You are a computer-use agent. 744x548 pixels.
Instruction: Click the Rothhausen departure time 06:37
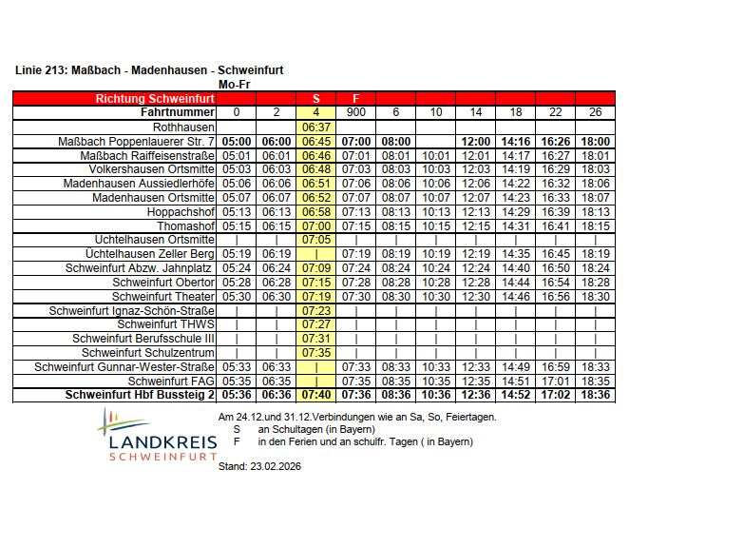click(x=315, y=127)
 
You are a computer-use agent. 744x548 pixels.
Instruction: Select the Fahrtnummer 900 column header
click(x=355, y=112)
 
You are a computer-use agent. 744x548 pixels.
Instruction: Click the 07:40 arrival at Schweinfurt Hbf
click(x=315, y=395)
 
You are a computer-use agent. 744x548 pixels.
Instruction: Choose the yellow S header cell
click(x=315, y=98)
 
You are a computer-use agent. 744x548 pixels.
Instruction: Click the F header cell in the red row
click(x=355, y=98)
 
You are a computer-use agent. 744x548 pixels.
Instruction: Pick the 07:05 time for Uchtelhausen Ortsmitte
click(x=315, y=240)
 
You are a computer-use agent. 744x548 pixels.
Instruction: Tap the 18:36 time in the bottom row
click(x=595, y=395)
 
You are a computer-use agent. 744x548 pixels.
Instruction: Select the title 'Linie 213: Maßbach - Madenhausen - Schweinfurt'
click(x=149, y=70)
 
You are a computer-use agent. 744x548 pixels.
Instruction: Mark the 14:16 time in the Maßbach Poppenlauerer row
click(x=515, y=141)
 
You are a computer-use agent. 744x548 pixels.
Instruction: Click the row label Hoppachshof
click(x=181, y=212)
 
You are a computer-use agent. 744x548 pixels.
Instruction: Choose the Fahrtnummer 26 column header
click(x=595, y=112)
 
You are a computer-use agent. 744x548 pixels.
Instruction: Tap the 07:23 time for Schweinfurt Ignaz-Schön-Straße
click(x=315, y=310)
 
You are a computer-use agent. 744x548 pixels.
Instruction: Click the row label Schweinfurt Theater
click(x=163, y=297)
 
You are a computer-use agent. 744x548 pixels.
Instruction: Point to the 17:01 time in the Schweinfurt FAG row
click(x=555, y=381)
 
